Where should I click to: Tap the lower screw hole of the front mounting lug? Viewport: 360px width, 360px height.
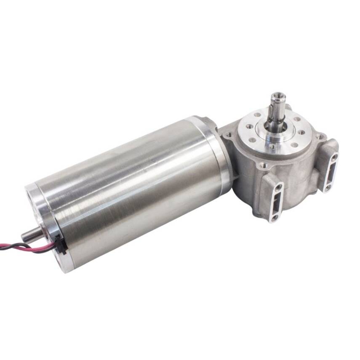click(x=275, y=217)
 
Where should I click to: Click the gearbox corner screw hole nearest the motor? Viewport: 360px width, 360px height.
click(x=229, y=136)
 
